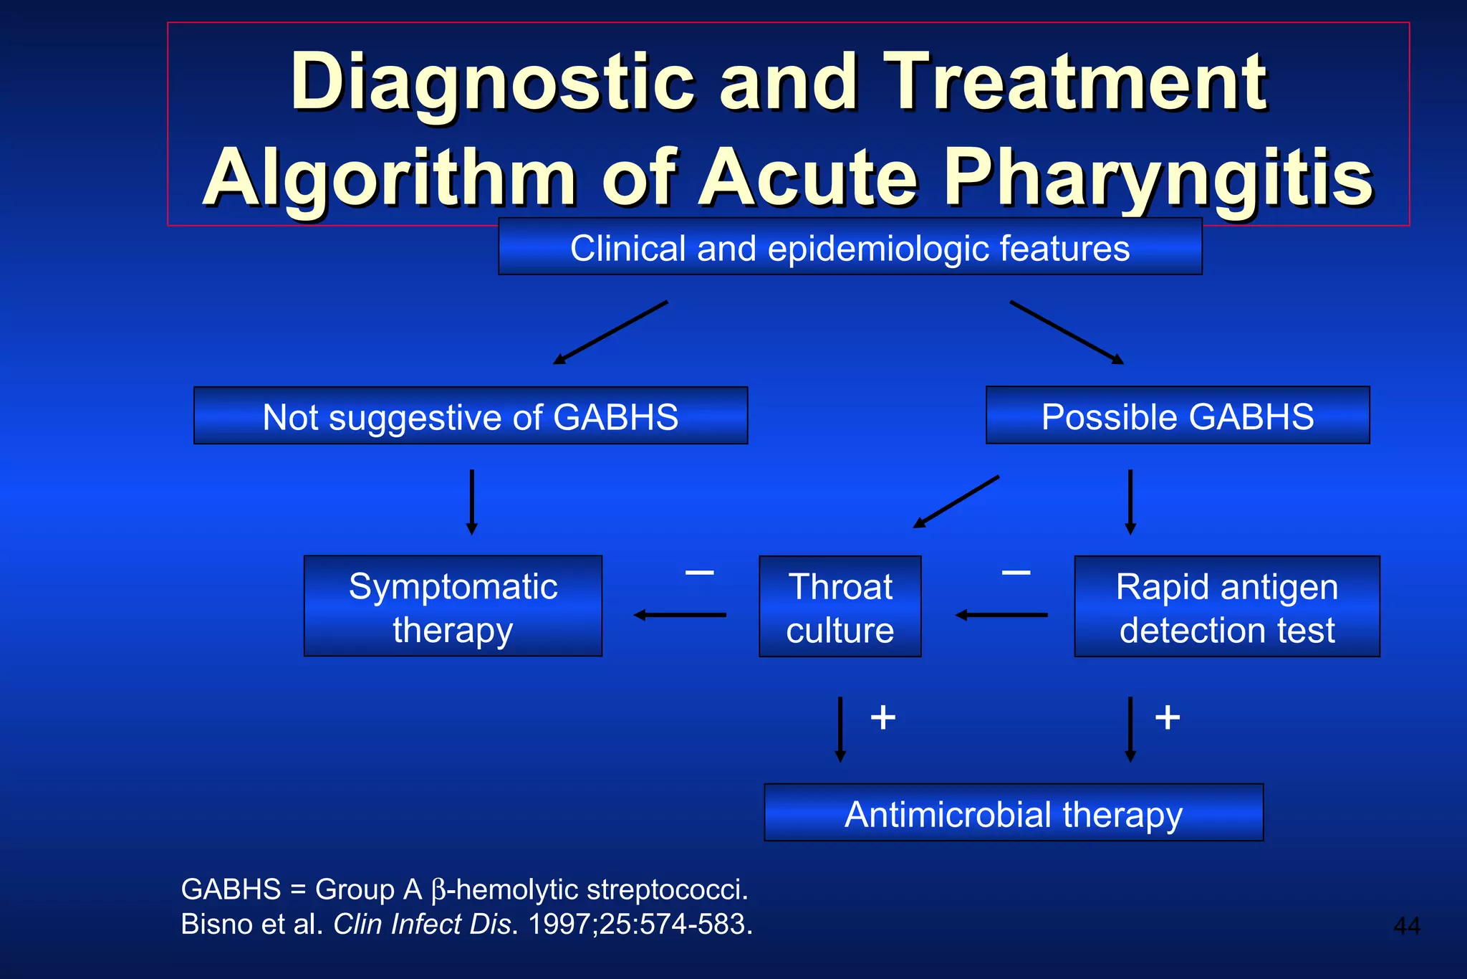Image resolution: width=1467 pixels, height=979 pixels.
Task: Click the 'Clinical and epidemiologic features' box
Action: click(850, 247)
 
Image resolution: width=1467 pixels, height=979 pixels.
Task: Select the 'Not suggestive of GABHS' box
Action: click(471, 416)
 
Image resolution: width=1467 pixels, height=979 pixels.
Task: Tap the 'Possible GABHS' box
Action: click(1178, 416)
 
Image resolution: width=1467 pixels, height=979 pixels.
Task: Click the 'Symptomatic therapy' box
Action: click(453, 606)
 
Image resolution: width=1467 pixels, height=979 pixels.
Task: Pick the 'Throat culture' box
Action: click(840, 607)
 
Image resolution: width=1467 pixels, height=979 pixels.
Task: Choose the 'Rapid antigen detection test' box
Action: click(1226, 607)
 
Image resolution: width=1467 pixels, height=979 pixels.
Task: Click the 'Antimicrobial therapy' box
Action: click(1013, 813)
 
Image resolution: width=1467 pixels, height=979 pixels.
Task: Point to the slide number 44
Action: click(1406, 926)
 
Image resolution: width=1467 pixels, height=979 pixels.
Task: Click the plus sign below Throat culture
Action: click(883, 717)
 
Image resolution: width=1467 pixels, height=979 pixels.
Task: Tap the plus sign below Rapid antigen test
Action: click(1168, 717)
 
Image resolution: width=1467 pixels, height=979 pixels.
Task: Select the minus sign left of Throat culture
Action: click(699, 572)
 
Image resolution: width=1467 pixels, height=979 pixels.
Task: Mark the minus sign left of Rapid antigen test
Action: click(1016, 572)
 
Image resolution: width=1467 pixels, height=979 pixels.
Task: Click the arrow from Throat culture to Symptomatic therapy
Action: click(679, 615)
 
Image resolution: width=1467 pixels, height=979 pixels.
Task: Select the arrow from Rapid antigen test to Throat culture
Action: click(1001, 615)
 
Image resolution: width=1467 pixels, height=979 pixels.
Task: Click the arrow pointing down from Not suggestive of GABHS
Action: click(471, 502)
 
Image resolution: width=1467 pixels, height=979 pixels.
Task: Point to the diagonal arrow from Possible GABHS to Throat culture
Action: click(956, 502)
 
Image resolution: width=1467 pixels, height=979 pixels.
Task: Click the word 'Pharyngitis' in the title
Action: click(1158, 179)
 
